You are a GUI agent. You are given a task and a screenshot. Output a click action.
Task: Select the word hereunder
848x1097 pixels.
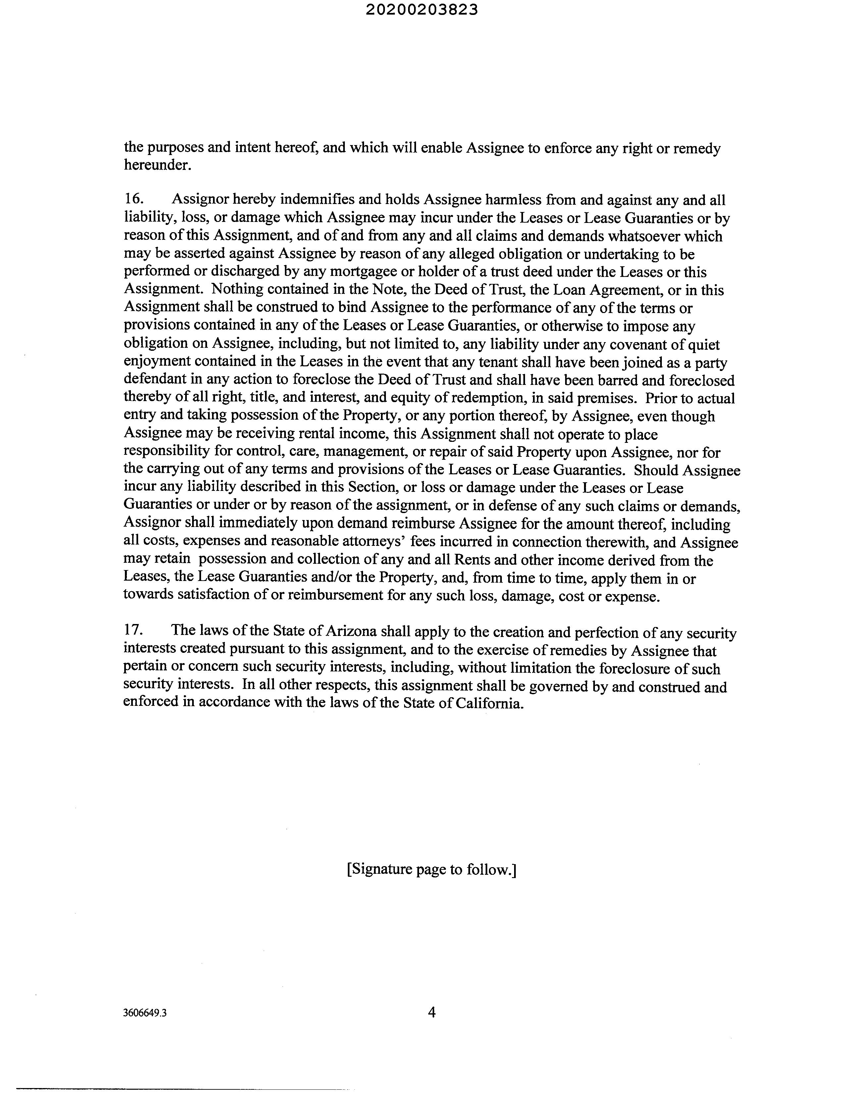click(157, 165)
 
